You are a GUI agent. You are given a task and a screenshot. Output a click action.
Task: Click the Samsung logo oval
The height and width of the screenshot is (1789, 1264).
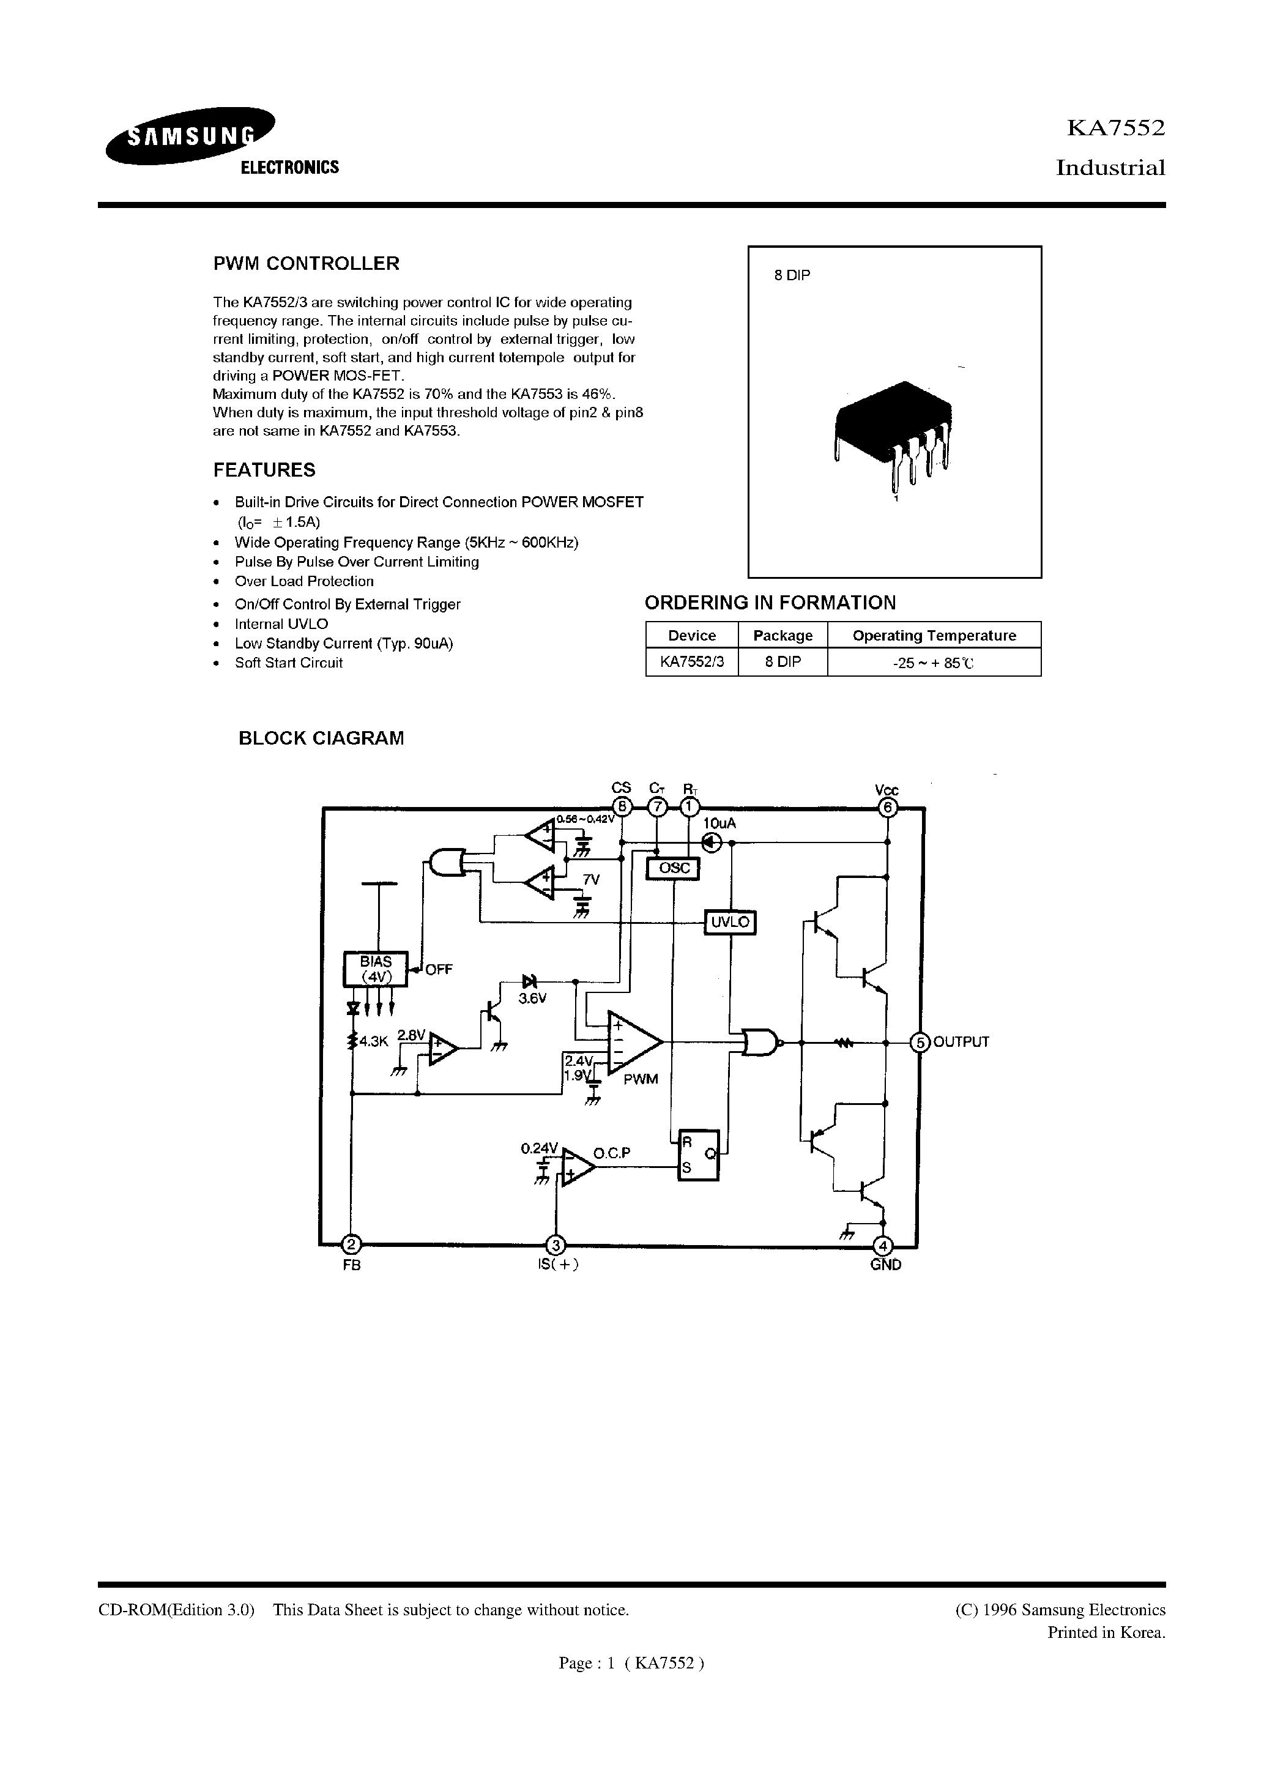tap(191, 137)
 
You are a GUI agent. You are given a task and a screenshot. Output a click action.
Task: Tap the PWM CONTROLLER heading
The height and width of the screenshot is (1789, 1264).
tap(307, 263)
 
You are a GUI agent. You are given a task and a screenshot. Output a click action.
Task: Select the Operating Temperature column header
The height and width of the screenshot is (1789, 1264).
tap(934, 635)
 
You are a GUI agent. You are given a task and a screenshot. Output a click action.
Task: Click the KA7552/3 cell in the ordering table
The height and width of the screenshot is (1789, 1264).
tap(691, 662)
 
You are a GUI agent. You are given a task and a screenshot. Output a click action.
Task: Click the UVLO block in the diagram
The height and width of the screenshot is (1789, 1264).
tap(729, 923)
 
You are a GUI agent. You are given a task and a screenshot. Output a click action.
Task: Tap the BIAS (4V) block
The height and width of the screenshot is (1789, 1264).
tap(376, 969)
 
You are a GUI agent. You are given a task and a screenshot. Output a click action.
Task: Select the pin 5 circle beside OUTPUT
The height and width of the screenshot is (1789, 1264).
tap(920, 1043)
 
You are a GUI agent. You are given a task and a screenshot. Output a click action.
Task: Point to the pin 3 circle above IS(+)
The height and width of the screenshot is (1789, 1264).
tap(556, 1244)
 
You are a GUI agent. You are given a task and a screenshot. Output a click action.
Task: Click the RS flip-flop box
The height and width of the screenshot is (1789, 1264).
tap(698, 1156)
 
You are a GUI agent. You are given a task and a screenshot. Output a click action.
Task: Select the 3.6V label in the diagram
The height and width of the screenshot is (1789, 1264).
tap(532, 998)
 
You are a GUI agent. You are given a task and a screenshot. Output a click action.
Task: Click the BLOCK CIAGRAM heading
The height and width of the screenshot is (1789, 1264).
tap(321, 738)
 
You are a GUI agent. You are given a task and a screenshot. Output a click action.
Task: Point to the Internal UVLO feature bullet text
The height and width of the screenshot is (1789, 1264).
tap(281, 624)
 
